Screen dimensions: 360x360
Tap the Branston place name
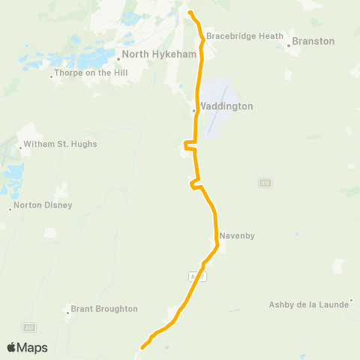click(x=313, y=41)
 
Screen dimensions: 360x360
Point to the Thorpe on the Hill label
click(x=91, y=73)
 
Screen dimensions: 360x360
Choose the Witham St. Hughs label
click(x=60, y=144)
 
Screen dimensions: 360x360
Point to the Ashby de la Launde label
click(x=309, y=304)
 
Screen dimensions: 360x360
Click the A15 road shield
click(x=265, y=183)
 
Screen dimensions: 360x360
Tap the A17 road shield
click(x=28, y=327)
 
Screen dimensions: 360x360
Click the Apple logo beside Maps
click(x=12, y=347)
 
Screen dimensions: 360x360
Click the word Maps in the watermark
click(x=33, y=347)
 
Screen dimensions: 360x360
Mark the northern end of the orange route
click(x=190, y=13)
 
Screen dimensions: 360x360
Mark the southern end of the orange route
click(x=142, y=347)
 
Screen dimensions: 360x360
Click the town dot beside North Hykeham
click(x=118, y=55)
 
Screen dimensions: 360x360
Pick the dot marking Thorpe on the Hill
click(x=52, y=76)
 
